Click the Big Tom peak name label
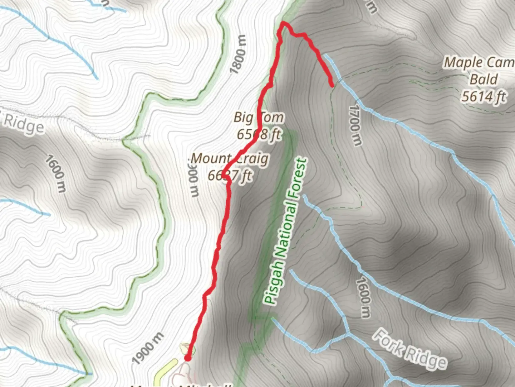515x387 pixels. (259, 118)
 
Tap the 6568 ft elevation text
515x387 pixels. (259, 134)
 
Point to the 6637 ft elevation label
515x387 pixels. (230, 176)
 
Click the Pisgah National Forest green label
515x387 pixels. (285, 231)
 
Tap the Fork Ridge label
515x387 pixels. (410, 349)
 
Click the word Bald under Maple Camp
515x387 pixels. (484, 79)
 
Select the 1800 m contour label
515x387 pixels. (239, 54)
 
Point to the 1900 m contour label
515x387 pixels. (148, 348)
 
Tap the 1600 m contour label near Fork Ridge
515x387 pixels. (363, 297)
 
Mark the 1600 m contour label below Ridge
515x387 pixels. (55, 173)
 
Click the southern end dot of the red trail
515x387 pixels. (187, 358)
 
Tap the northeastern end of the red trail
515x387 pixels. (332, 85)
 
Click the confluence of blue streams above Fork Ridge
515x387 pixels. (348, 335)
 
